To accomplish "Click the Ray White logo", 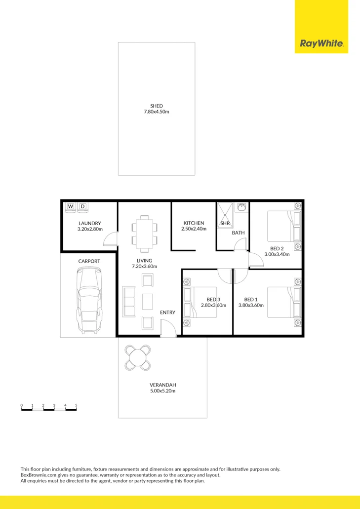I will tap(321, 43).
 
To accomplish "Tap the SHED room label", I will tap(157, 106).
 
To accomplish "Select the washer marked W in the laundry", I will tap(71, 206).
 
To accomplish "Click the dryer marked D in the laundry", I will tap(82, 206).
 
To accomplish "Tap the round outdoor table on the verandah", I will tap(138, 356).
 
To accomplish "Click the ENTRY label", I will tap(167, 313).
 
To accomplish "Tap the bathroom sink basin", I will tap(241, 208).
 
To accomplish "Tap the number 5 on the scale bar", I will tap(76, 405).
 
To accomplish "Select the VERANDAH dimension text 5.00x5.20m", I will tap(163, 391).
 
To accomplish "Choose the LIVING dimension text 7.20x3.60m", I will tap(144, 267).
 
